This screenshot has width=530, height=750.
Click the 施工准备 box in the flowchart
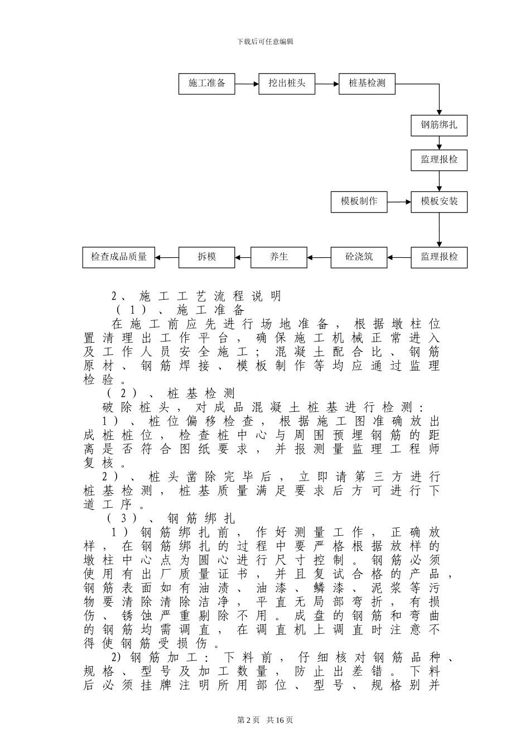tap(207, 84)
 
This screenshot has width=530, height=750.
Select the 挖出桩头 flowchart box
tap(287, 84)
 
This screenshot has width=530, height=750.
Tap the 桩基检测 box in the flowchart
tap(367, 84)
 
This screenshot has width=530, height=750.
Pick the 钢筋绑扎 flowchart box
tap(439, 125)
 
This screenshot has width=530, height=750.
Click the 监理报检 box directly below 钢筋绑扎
tap(439, 160)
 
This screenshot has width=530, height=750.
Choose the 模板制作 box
tap(359, 201)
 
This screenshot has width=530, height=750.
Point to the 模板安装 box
tap(439, 201)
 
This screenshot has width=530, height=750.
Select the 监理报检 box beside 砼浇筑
tap(439, 257)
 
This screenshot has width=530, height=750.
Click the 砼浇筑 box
tap(359, 257)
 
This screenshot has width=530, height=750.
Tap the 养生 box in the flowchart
tap(279, 257)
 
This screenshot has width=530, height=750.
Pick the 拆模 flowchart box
tap(207, 257)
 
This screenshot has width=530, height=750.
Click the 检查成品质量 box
tap(119, 257)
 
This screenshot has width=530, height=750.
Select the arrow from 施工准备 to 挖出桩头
tap(247, 84)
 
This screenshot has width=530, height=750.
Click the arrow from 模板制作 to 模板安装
tap(399, 201)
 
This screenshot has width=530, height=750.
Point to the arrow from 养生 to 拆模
tap(243, 257)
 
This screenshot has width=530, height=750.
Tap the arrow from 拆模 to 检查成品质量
tap(167, 257)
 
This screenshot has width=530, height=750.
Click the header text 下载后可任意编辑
tap(265, 41)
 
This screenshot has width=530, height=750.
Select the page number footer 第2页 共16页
tap(265, 720)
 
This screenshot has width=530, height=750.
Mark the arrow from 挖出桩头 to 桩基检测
tap(327, 84)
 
